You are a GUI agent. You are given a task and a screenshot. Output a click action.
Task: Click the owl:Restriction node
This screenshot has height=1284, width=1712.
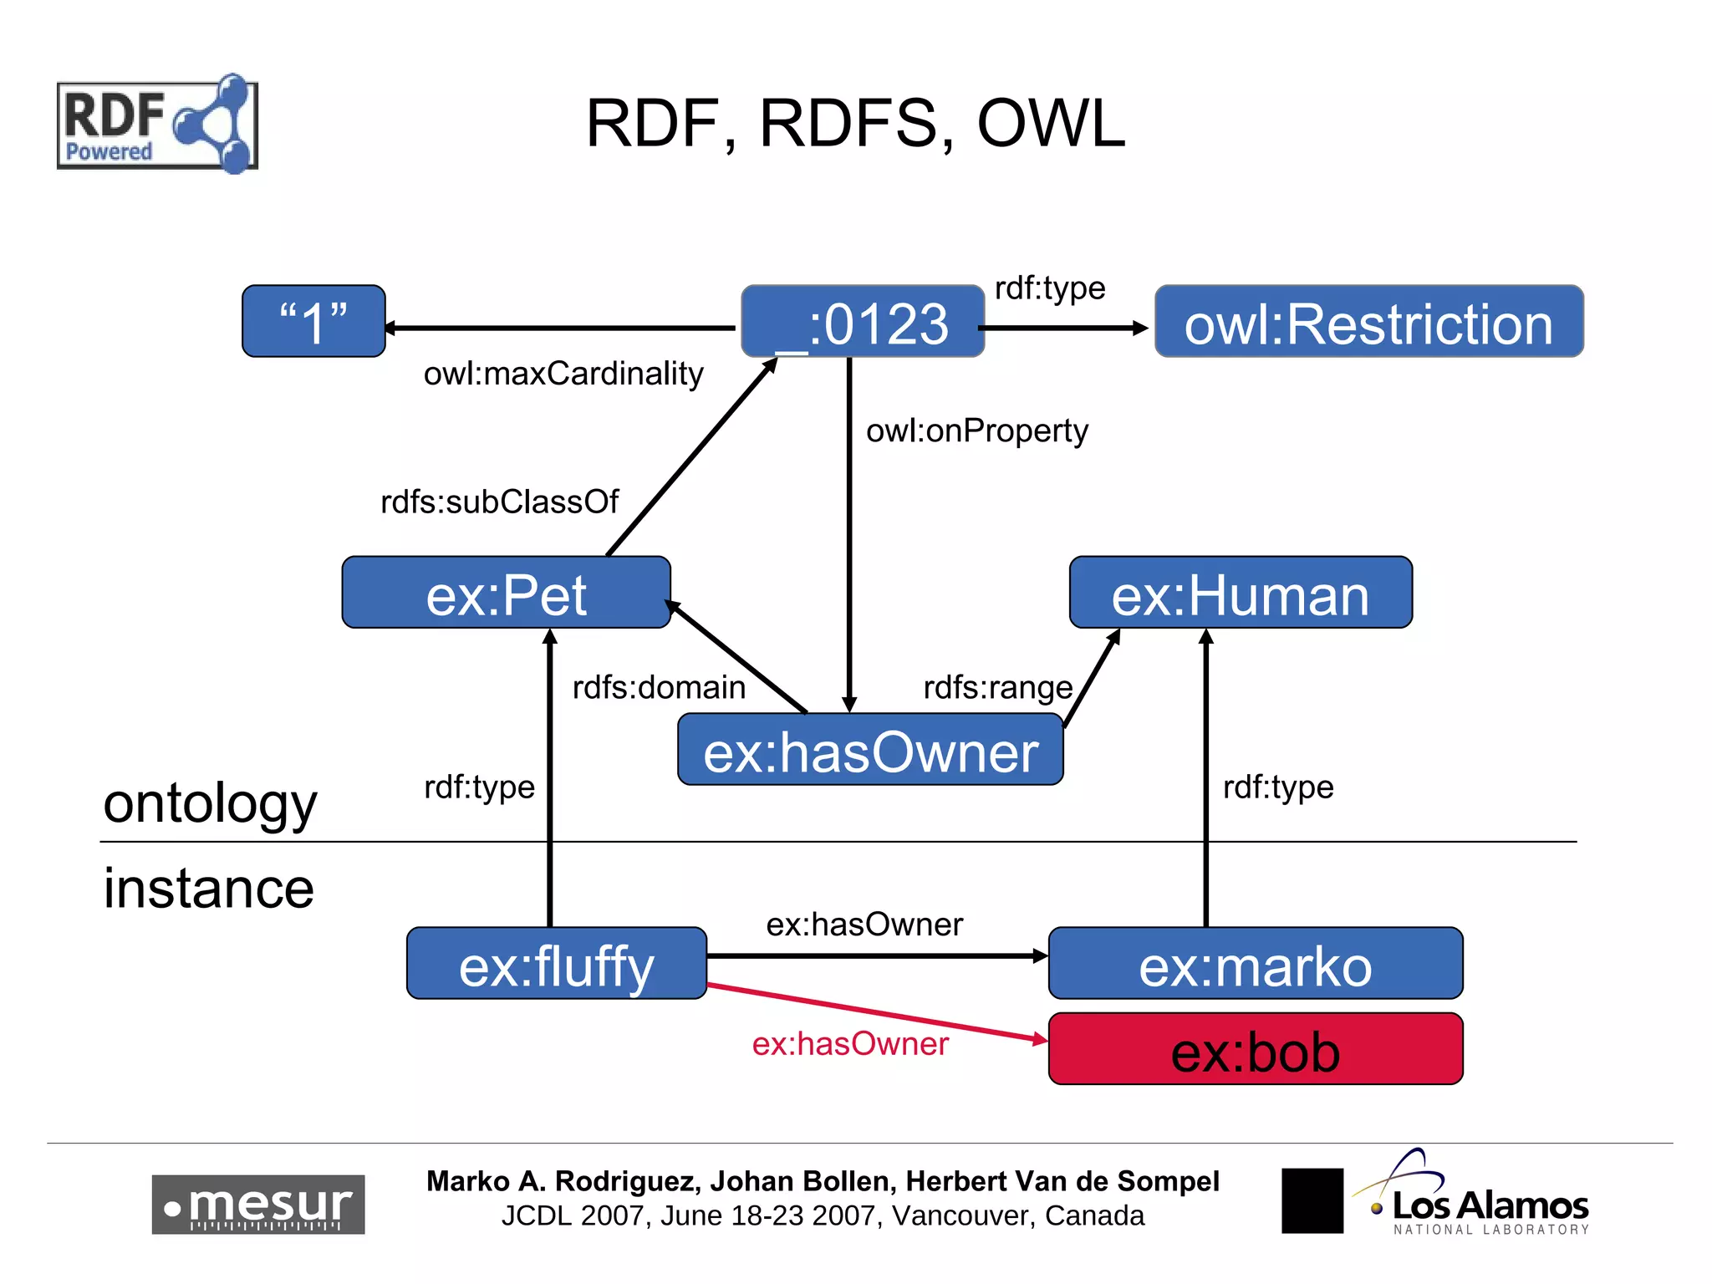(1368, 322)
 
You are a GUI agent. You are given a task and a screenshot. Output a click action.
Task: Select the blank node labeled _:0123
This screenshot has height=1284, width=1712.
(862, 322)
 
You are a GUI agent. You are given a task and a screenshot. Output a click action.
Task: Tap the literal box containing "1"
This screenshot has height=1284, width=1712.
(313, 322)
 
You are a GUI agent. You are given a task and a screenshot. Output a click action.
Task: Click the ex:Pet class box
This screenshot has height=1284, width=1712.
(506, 593)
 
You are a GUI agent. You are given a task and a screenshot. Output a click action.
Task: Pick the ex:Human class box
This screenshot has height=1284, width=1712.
(1241, 593)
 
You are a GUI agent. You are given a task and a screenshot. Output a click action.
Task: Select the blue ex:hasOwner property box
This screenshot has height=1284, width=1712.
(870, 750)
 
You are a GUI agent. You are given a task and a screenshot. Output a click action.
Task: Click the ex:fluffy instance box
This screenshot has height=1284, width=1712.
(556, 964)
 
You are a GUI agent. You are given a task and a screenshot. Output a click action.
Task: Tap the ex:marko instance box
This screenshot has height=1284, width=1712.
(1255, 964)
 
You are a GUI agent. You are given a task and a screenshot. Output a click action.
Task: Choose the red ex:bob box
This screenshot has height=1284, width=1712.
(1255, 1050)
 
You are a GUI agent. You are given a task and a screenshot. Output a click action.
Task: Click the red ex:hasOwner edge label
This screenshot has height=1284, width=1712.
(850, 1044)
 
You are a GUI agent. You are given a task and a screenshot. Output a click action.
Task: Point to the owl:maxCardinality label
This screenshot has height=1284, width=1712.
(563, 374)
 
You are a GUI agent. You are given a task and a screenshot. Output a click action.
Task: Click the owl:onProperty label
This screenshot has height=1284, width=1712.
(976, 431)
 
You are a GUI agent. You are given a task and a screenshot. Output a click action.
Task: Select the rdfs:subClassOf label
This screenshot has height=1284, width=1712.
(499, 502)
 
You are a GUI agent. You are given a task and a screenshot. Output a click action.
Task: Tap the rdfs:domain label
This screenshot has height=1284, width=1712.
(659, 688)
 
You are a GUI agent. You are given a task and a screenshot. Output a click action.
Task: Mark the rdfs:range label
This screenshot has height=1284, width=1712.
(997, 688)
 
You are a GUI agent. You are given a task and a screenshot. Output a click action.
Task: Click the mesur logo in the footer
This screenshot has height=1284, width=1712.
(257, 1205)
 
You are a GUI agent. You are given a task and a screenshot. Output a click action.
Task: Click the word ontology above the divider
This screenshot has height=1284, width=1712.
(210, 803)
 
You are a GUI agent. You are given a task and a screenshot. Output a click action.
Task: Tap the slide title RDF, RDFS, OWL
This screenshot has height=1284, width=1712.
(855, 124)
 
